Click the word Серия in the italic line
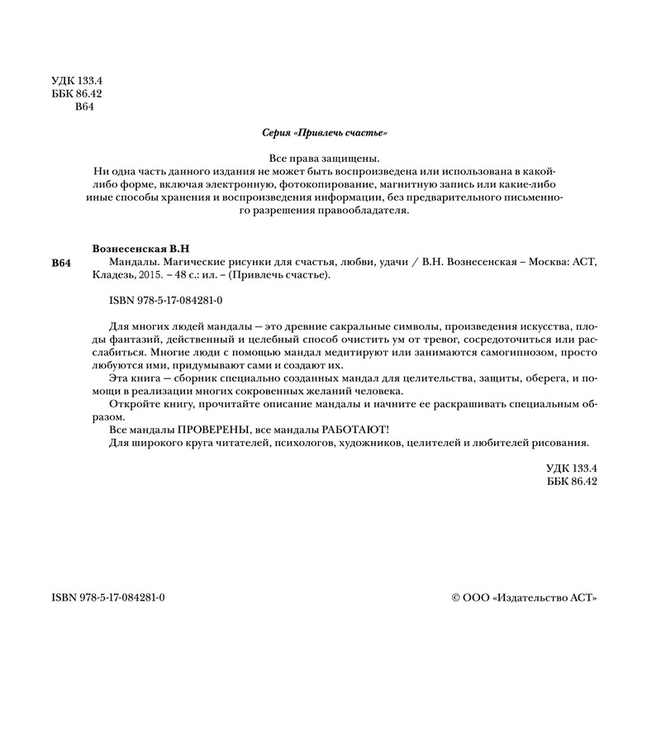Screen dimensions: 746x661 pyautogui.click(x=276, y=133)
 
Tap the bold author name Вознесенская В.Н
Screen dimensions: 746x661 pyautogui.click(x=145, y=249)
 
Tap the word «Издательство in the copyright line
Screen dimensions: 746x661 pyautogui.click(x=530, y=597)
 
